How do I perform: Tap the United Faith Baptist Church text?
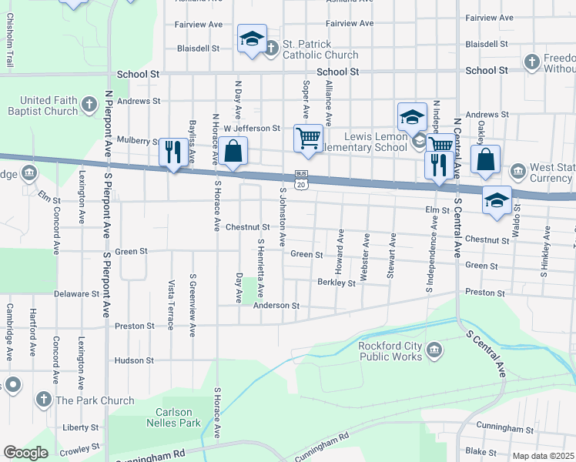49,105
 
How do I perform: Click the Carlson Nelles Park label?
173,417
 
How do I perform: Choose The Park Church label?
95,400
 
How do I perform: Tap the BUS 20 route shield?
301,179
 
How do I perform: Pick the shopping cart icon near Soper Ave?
308,139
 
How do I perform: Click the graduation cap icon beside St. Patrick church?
251,40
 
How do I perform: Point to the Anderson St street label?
276,306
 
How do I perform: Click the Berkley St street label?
336,283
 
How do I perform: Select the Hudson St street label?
134,360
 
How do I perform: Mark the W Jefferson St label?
257,128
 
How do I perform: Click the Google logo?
26,453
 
